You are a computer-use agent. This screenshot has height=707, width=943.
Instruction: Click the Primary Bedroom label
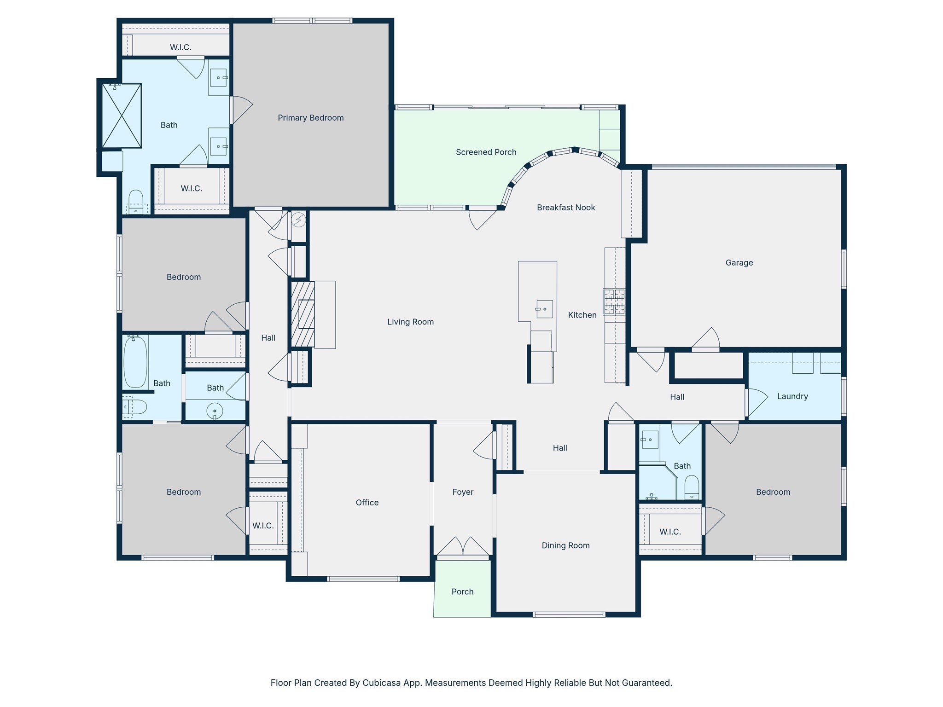coord(311,118)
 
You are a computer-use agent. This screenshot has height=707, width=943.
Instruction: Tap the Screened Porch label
coord(486,152)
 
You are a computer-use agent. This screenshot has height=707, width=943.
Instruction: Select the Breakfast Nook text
coord(566,208)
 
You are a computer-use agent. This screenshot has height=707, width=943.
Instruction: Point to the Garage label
coord(739,263)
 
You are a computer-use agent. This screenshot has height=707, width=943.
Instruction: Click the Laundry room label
coord(792,396)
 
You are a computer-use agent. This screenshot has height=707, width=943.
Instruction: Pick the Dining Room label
coord(565,545)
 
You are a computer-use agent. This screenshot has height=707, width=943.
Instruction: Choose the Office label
coord(367,503)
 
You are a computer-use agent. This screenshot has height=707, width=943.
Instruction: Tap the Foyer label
coord(463,492)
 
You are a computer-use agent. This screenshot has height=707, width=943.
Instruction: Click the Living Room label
coord(410,322)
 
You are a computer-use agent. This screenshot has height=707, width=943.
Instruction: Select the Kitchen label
coord(582,315)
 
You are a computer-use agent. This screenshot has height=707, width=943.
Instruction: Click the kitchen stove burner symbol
coord(614,301)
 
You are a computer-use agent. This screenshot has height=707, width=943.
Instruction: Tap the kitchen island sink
coord(544,309)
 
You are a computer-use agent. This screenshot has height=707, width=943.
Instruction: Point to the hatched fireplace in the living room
coord(302,314)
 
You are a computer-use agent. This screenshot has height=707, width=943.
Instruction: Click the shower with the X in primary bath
coord(122,116)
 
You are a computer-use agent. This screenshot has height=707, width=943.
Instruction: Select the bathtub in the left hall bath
coord(135,362)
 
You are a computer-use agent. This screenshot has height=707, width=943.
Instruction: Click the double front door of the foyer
coord(463,546)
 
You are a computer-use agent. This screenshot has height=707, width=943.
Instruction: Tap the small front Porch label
coord(462,591)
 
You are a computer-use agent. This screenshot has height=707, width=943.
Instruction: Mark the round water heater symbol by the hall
coord(298,220)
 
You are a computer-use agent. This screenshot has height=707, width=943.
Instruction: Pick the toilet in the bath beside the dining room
coord(692,488)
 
